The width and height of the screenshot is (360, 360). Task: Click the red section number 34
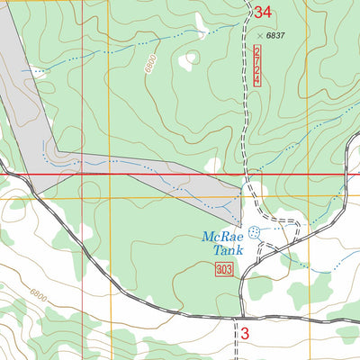pyautogui.click(x=262, y=13)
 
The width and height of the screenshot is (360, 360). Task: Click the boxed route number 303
pyautogui.click(x=225, y=271)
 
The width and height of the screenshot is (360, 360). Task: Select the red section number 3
pyautogui.click(x=244, y=334)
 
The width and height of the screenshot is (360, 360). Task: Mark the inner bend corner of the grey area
pyautogui.click(x=57, y=151)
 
